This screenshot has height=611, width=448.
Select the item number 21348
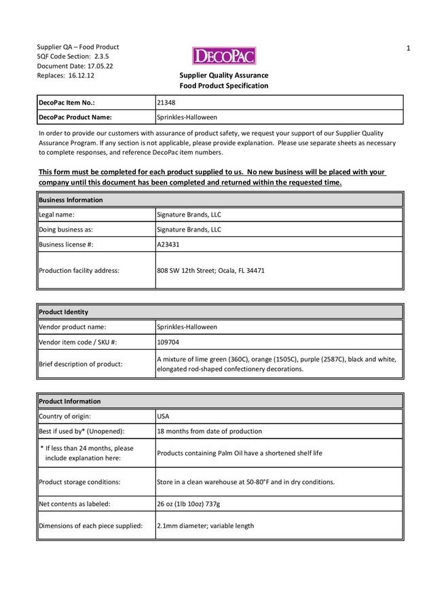pos(166,103)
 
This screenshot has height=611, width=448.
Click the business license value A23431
pos(168,244)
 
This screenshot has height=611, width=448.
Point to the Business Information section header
pos(71,200)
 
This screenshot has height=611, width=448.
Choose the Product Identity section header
pos(64,312)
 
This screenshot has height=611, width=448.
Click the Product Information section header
pos(70,401)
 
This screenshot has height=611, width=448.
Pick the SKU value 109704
pos(169,341)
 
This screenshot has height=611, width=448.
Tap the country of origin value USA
pos(163,416)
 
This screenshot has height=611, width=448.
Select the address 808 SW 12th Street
pos(210,270)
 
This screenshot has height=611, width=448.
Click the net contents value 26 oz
pos(198,504)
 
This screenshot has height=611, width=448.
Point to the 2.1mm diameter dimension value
pos(205,526)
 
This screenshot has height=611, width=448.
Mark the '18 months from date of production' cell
pos(209,431)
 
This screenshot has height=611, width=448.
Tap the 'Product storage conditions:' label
pos(79,482)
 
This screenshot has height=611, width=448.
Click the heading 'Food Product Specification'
pos(223,86)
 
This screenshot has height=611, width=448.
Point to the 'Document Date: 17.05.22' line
pos(75,66)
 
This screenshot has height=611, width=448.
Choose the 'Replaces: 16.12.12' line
pos(65,76)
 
